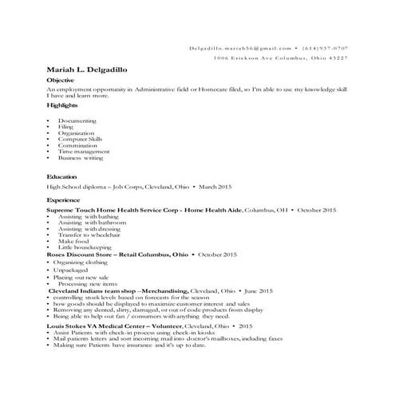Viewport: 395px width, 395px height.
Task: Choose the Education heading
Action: point(62,176)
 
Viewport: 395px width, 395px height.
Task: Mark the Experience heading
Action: point(64,199)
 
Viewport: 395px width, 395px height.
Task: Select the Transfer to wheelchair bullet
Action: point(86,235)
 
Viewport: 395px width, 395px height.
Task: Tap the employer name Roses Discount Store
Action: point(87,254)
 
